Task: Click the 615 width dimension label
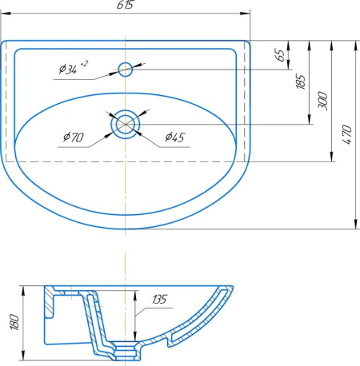tap(125, 5)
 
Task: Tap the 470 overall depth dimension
tap(347, 134)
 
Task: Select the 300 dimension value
tap(322, 100)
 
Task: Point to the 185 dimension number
tap(301, 82)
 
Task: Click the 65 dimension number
tap(280, 55)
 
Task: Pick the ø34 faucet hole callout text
tap(68, 70)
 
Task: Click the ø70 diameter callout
tap(74, 137)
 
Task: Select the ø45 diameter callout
tap(175, 137)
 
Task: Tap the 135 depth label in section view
tap(160, 300)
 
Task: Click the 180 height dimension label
tap(15, 322)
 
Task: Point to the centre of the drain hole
tap(126, 124)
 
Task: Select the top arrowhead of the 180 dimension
tap(23, 291)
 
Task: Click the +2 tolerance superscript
tap(84, 64)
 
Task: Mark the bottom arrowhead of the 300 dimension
tap(331, 157)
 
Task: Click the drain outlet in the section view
tap(126, 351)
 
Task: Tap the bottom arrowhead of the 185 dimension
tap(310, 119)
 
